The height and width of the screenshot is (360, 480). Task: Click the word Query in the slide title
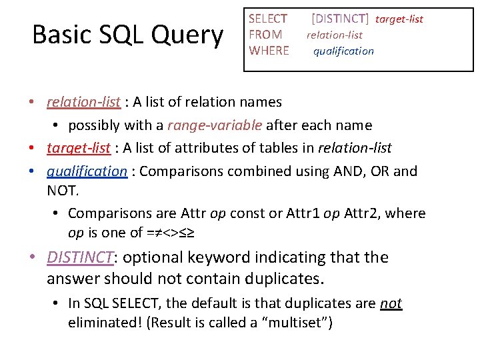tap(189, 35)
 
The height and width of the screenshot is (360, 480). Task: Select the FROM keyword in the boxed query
tap(265, 35)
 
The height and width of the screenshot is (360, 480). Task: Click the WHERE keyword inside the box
tap(269, 51)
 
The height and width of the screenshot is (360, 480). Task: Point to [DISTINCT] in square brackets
tap(339, 19)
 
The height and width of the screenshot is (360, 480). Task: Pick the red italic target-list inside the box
tap(399, 19)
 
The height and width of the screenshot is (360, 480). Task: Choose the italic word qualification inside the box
tap(343, 51)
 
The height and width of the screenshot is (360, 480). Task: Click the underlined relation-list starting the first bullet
tap(83, 102)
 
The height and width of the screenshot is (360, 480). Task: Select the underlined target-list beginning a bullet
tap(79, 148)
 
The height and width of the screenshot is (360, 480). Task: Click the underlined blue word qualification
tap(87, 171)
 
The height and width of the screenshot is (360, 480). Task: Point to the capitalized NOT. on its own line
tap(63, 191)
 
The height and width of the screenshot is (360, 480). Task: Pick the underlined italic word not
tap(391, 303)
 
